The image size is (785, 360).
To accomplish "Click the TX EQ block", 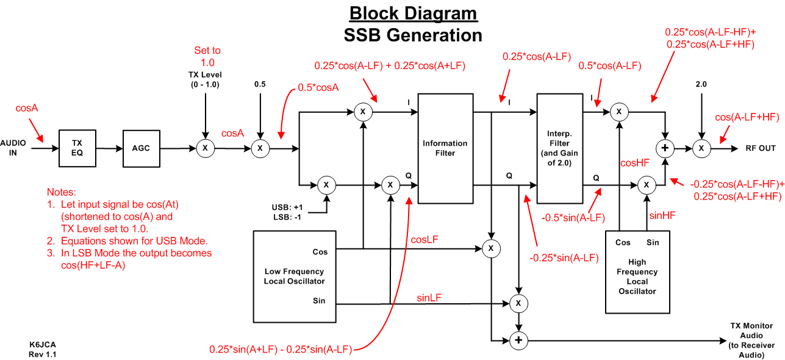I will point(77,148).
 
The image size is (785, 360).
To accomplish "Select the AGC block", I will point(142,148).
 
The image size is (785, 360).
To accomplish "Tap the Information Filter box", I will point(445,148).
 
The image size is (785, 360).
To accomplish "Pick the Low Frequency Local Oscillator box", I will point(294,276).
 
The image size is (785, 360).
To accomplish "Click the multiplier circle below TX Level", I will point(206,148).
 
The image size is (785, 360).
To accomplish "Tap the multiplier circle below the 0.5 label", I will point(260,148).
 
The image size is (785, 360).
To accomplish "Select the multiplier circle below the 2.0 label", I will point(701,148).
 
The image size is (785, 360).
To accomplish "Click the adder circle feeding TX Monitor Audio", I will point(518,340).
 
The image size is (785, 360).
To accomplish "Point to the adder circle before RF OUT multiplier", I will point(665,148).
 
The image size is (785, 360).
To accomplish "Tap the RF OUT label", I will point(761,148).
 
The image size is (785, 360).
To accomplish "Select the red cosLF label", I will point(426,240).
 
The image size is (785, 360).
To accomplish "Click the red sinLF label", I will point(429,297).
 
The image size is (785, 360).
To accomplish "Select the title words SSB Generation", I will point(413,35).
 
